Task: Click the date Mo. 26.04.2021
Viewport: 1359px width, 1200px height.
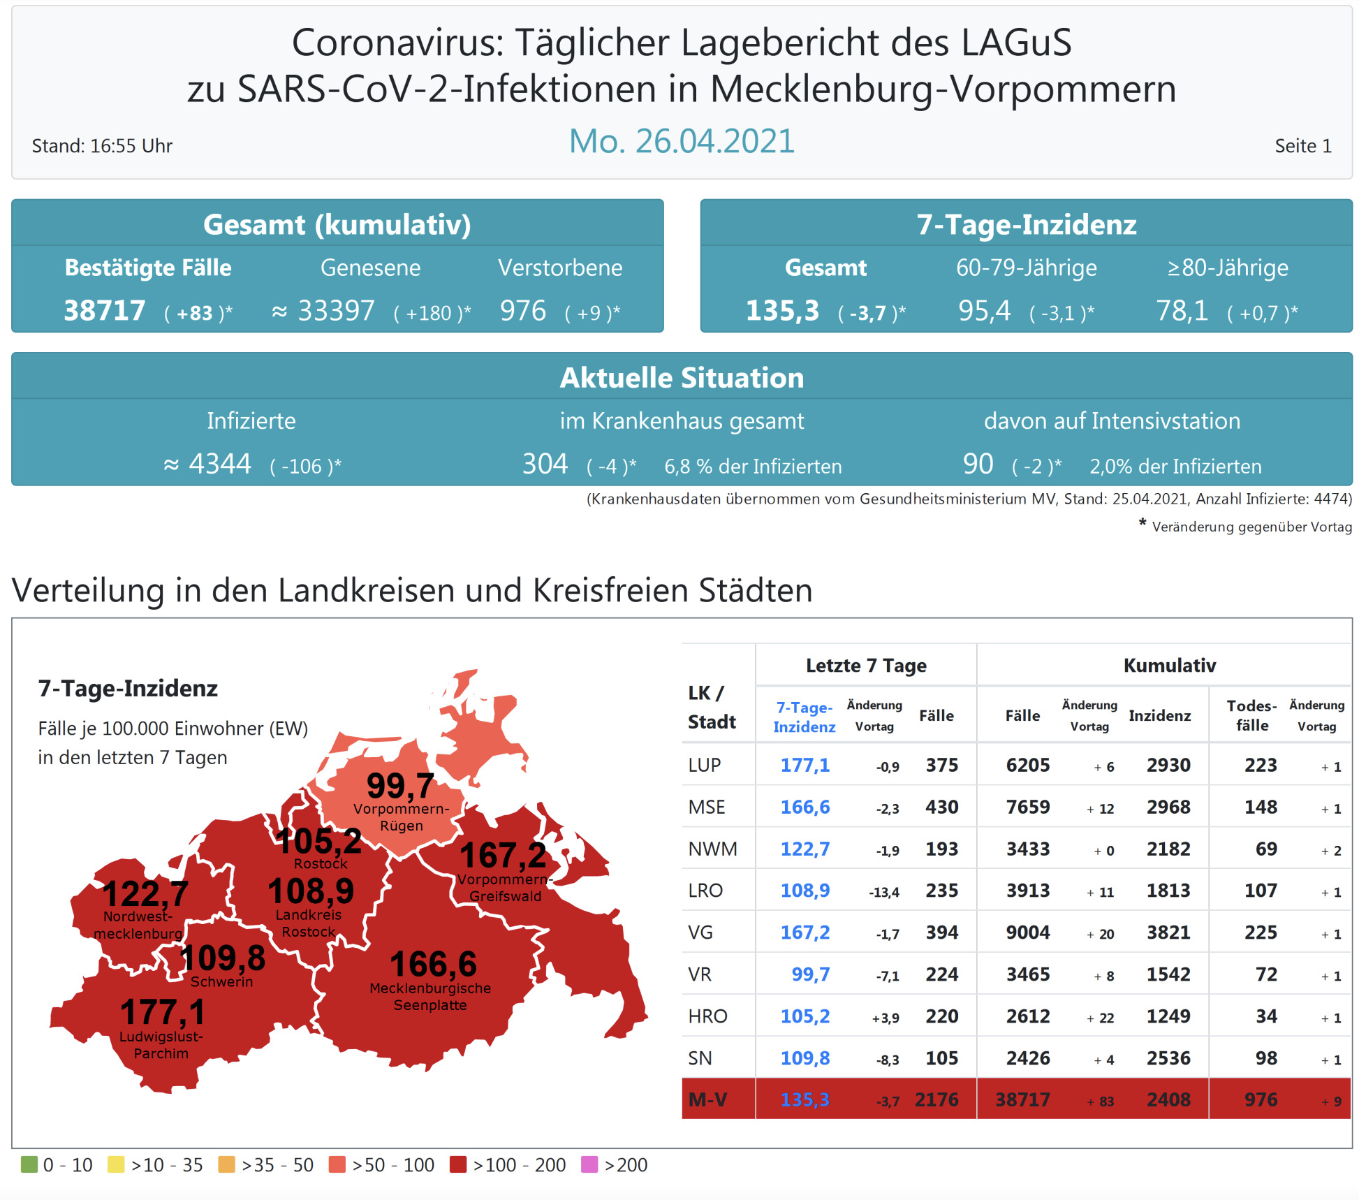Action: click(682, 142)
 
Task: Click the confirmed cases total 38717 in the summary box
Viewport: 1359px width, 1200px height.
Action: click(105, 311)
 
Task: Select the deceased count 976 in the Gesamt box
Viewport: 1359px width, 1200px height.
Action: click(523, 311)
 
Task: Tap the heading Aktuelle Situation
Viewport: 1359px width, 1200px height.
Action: click(682, 378)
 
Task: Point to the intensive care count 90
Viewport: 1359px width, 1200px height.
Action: click(978, 464)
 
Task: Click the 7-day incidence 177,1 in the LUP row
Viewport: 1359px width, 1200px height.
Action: click(805, 765)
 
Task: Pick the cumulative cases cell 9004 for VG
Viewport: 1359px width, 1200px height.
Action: click(1027, 932)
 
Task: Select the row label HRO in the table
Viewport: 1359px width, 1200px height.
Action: click(707, 1016)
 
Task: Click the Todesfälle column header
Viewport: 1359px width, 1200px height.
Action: click(1251, 715)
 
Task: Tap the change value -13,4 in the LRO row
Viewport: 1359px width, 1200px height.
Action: click(883, 892)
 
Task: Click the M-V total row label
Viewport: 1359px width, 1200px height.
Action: click(707, 1099)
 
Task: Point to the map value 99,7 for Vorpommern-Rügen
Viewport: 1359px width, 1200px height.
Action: click(400, 786)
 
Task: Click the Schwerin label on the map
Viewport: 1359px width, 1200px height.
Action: click(221, 981)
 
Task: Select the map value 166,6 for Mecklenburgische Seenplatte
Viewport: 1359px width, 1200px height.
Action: click(433, 964)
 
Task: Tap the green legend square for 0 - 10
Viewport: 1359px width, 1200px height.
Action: click(29, 1164)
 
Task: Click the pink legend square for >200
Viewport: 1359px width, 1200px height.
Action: click(589, 1164)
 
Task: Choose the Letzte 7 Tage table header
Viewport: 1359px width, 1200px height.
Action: click(866, 665)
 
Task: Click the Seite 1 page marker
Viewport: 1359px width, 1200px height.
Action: click(1302, 146)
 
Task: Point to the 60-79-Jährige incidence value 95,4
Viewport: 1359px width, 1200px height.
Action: click(984, 311)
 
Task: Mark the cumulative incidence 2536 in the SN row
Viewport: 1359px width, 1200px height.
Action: click(1168, 1058)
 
